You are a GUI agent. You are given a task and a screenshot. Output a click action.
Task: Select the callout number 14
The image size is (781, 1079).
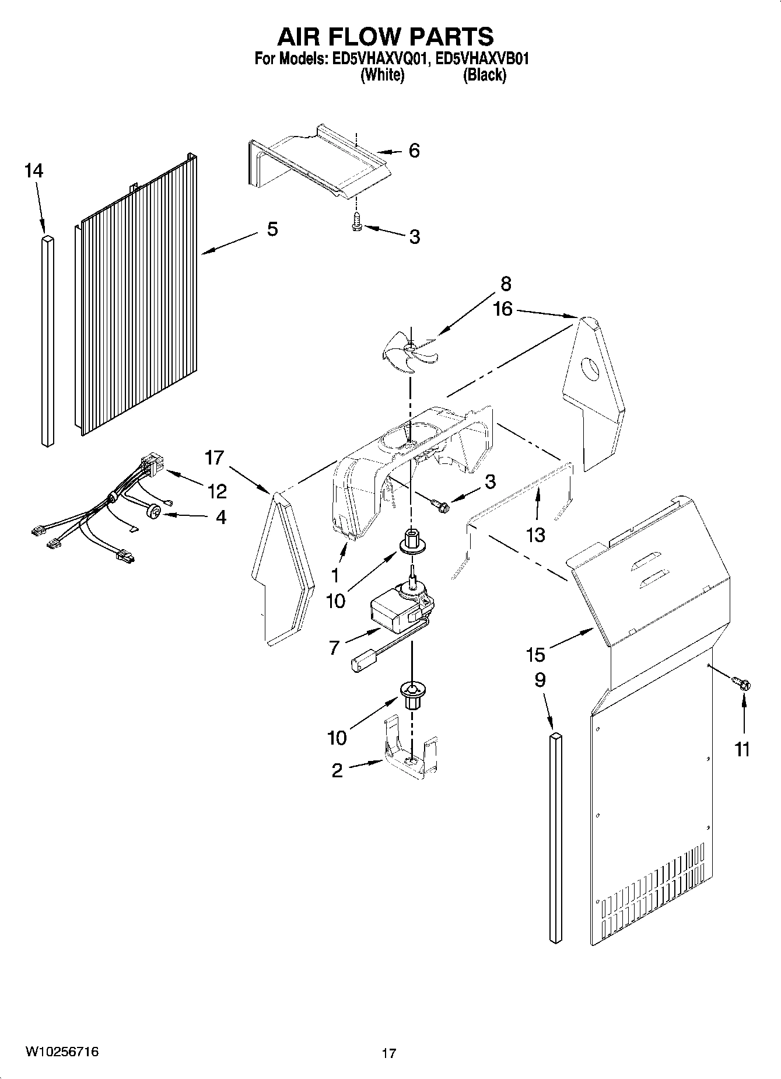pyautogui.click(x=33, y=171)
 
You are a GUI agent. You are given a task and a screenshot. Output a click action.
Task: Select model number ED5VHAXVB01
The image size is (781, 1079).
pyautogui.click(x=482, y=59)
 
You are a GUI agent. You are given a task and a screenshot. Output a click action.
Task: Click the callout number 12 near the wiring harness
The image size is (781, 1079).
pyautogui.click(x=216, y=491)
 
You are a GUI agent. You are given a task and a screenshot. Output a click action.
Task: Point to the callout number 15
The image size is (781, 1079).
pyautogui.click(x=535, y=655)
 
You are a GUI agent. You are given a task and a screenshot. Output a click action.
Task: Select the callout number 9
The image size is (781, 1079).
pyautogui.click(x=540, y=680)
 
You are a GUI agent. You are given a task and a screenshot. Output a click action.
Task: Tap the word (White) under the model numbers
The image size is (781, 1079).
pyautogui.click(x=382, y=75)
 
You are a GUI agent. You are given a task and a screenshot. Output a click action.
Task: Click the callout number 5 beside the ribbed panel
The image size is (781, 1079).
pyautogui.click(x=272, y=229)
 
